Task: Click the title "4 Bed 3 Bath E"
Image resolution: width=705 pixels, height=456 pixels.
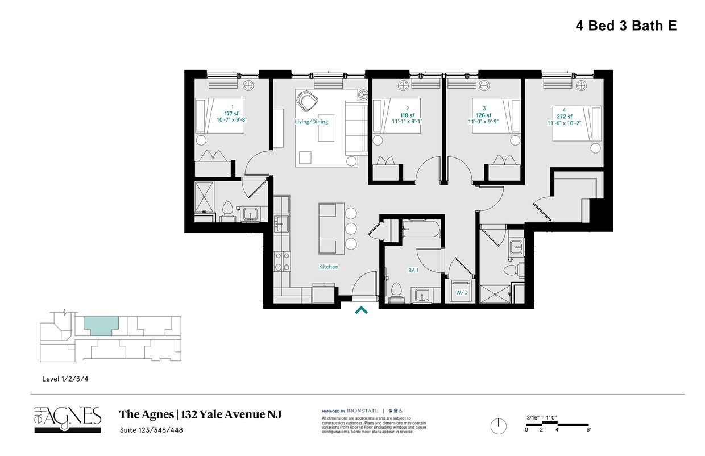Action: (x=624, y=26)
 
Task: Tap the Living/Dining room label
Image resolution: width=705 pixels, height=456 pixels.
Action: (x=311, y=122)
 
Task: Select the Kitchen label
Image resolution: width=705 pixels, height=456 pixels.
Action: (x=329, y=267)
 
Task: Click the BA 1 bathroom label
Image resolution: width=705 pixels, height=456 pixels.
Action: (x=413, y=271)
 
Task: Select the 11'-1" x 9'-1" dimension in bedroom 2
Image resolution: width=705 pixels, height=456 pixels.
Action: (x=407, y=122)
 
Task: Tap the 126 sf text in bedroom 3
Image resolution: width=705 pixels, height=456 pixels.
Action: (x=484, y=115)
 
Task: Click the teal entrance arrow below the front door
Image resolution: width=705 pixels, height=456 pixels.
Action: (x=361, y=310)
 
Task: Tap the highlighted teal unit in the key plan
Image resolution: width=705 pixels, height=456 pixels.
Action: (x=101, y=325)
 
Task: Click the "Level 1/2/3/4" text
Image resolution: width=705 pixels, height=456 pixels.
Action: (x=65, y=379)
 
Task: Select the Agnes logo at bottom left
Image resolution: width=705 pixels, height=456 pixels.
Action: (x=68, y=418)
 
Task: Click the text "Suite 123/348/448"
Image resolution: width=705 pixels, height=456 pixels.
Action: (x=151, y=430)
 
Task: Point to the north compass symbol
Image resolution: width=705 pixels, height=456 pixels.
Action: (x=499, y=425)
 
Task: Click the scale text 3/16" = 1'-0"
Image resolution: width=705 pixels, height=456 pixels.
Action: (x=541, y=418)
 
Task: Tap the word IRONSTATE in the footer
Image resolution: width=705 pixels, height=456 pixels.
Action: (x=364, y=411)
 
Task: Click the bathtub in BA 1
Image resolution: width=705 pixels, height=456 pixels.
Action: (x=421, y=231)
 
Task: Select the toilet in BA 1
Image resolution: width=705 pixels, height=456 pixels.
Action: (x=397, y=292)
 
